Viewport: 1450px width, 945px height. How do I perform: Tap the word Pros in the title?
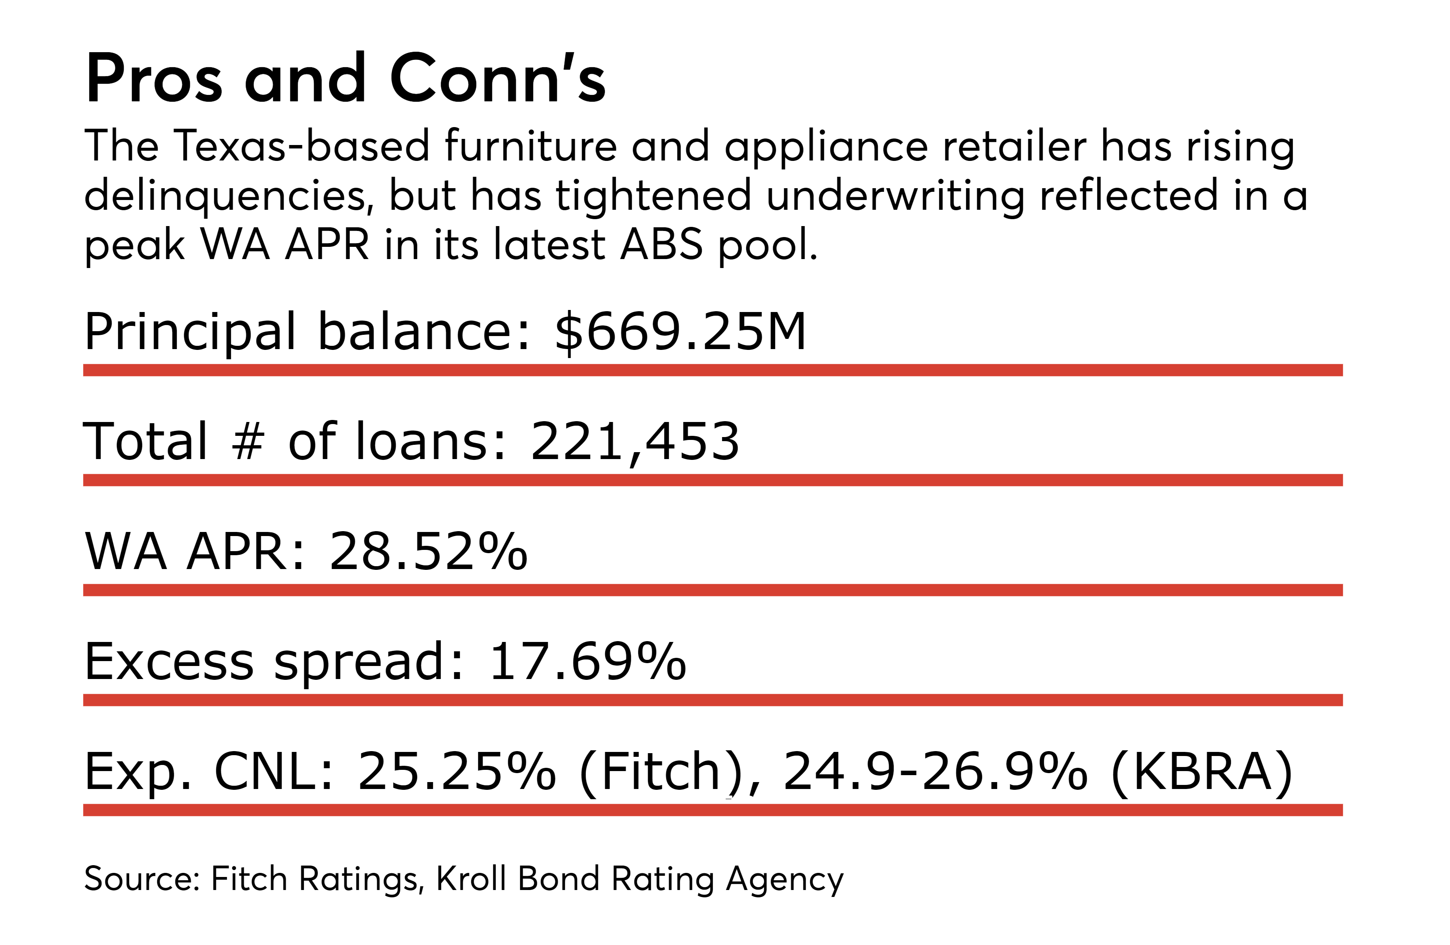154,79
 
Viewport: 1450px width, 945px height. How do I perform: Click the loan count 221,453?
635,441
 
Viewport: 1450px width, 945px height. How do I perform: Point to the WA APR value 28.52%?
428,552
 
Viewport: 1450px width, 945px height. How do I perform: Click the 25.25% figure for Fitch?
457,771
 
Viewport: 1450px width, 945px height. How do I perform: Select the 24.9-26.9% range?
935,771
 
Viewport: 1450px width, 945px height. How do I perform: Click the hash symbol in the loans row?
247,441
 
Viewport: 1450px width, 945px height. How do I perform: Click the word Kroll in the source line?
471,879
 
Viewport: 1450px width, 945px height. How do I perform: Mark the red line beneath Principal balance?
713,370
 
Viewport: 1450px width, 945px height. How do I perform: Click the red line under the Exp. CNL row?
713,810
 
